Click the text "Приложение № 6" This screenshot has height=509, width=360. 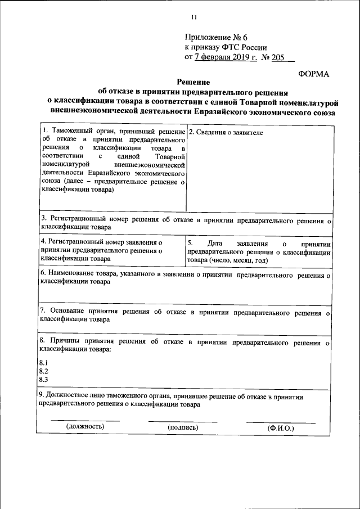click(217, 37)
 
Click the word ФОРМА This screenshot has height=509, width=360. click(313, 74)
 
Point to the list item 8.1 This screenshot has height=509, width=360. click(43, 362)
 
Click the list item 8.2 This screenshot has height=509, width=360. click(43, 371)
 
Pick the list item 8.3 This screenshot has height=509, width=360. click(43, 380)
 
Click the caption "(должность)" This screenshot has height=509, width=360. click(85, 427)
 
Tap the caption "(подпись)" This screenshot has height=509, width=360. click(183, 428)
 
